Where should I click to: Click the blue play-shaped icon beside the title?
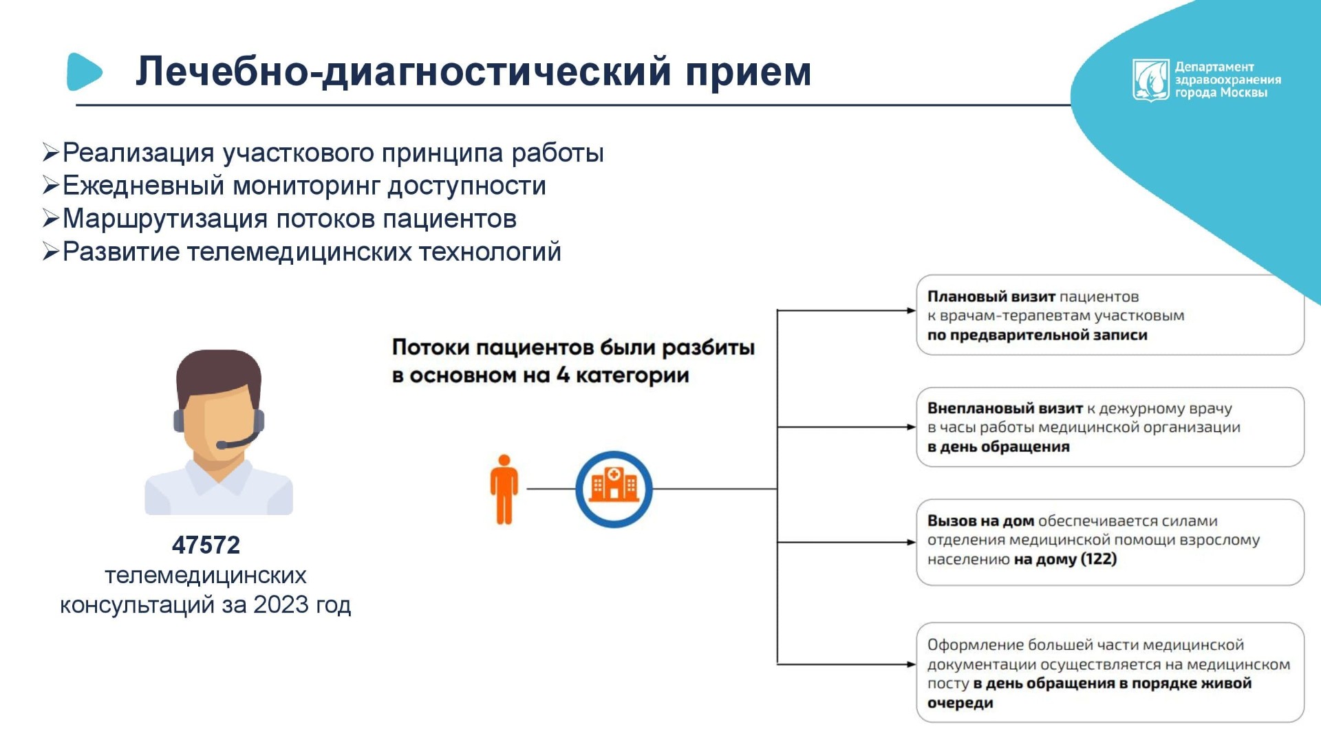[84, 72]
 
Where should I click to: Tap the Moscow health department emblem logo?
[1150, 80]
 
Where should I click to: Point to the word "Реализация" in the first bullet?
[138, 153]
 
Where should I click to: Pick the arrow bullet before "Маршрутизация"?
[51, 219]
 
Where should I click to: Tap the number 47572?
[206, 545]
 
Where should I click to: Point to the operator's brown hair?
[219, 375]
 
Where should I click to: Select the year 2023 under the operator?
[281, 604]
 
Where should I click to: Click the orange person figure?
[504, 490]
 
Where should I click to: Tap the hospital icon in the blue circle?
[614, 484]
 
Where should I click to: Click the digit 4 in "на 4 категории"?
[563, 375]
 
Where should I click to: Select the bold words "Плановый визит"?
[991, 296]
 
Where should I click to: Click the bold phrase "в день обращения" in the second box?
[998, 446]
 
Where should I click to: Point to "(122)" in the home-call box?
[1099, 558]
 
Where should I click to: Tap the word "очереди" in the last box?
[960, 703]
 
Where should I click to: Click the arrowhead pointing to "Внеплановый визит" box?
[912, 427]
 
